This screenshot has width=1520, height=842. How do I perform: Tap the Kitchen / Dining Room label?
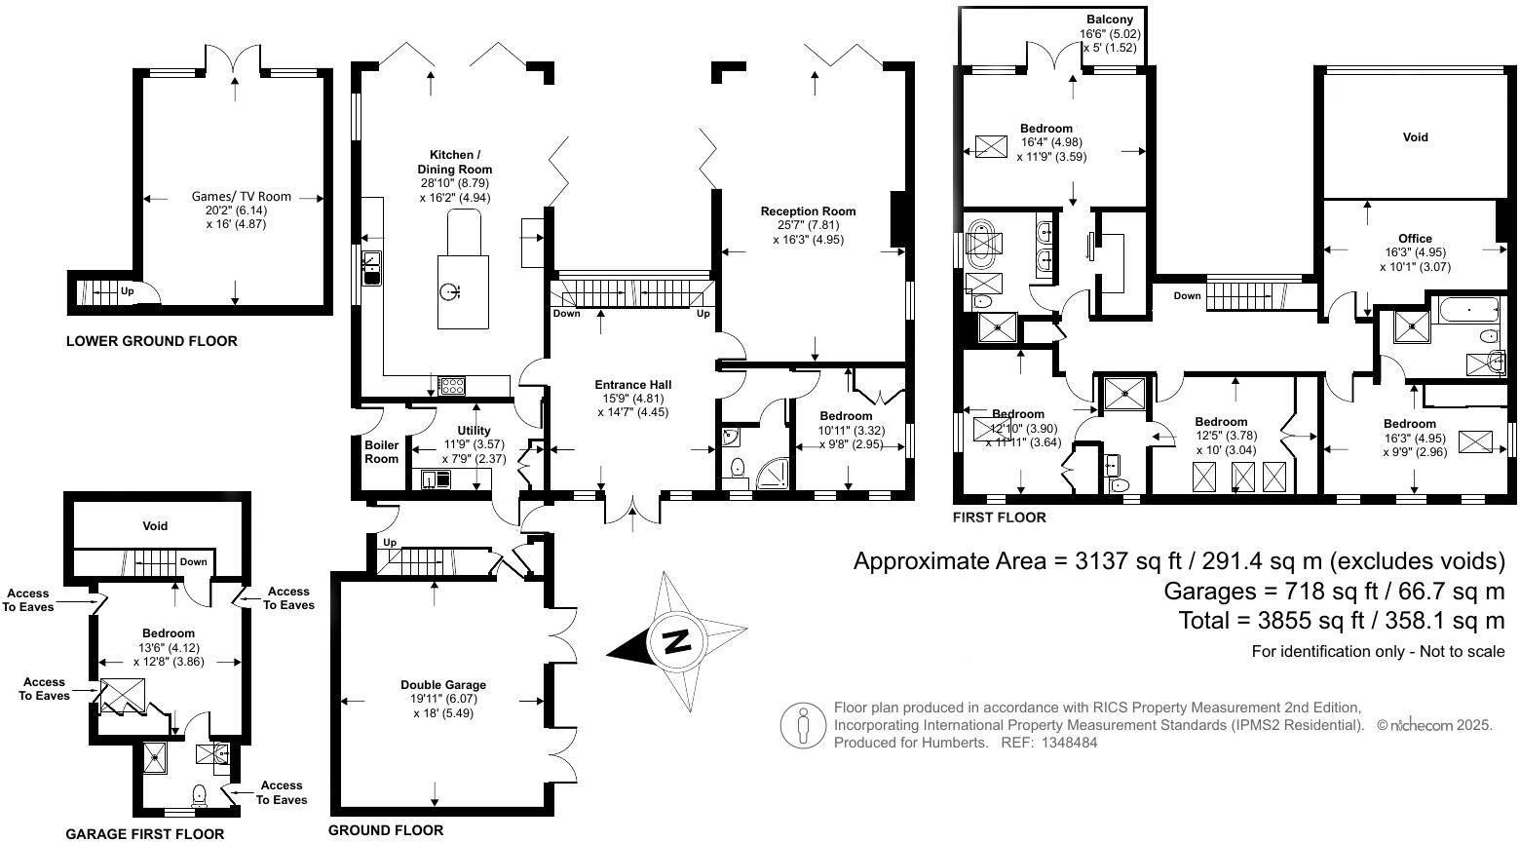click(455, 162)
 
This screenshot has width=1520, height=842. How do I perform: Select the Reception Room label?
click(808, 211)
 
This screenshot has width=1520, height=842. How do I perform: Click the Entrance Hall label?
click(633, 385)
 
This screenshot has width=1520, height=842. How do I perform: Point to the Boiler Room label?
click(382, 452)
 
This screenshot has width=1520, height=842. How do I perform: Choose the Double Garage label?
click(442, 685)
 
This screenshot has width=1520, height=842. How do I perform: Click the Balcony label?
click(1110, 19)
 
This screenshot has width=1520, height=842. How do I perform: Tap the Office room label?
click(1415, 239)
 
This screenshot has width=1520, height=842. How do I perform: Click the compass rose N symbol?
click(675, 642)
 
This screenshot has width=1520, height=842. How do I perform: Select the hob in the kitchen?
click(451, 386)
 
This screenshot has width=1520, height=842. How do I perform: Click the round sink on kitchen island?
click(449, 290)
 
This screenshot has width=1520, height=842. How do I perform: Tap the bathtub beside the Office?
click(1468, 312)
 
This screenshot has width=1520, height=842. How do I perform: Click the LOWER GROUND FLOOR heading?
click(151, 341)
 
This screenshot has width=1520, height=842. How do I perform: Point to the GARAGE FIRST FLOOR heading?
click(144, 834)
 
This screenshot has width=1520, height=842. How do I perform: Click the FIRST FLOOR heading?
click(1000, 517)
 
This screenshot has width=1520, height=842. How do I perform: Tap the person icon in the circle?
click(803, 726)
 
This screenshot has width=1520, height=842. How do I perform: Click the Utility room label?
click(474, 431)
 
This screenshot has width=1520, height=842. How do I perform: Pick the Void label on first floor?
click(1415, 137)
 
